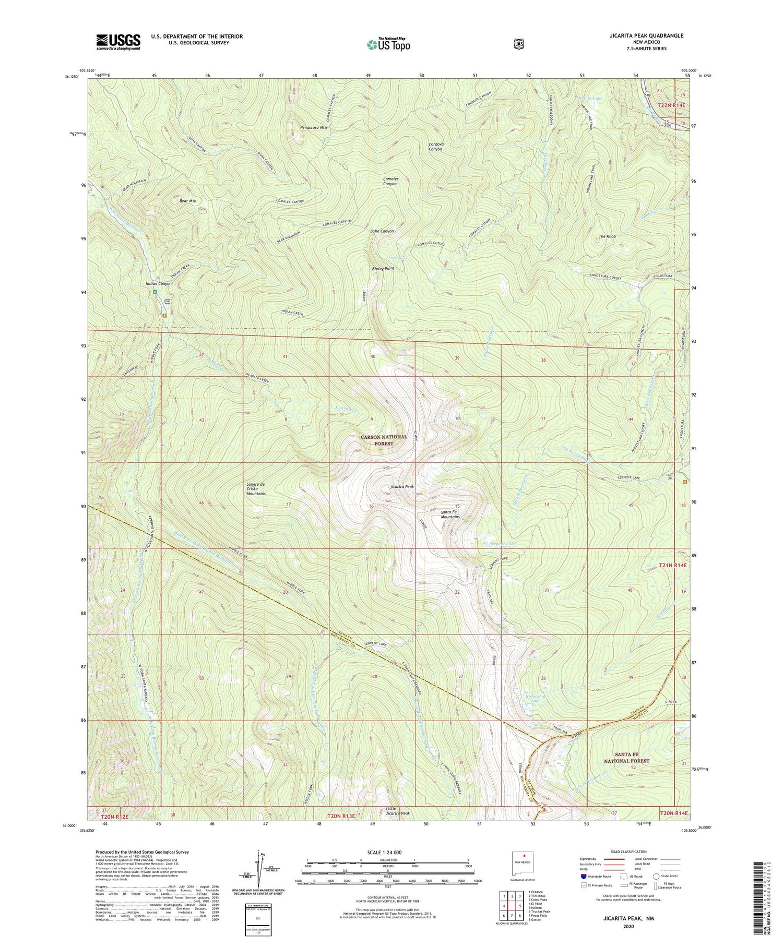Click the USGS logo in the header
[x=118, y=42]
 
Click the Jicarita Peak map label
[x=402, y=486]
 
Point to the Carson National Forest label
[x=383, y=440]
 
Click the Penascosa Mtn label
[x=313, y=127]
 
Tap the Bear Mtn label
[x=187, y=200]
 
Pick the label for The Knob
[x=607, y=236]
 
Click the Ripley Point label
[x=383, y=268]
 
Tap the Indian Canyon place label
[x=158, y=283]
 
